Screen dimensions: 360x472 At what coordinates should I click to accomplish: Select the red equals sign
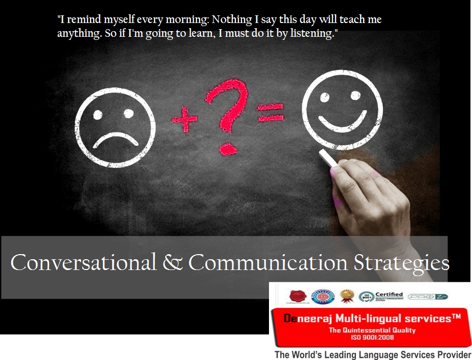point(269,111)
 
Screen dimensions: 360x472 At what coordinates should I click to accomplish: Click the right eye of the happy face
point(356,95)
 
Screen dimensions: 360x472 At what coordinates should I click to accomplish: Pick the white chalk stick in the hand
point(328,158)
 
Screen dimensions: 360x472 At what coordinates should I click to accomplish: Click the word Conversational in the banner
point(83,263)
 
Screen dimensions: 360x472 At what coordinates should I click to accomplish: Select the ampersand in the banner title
point(172,263)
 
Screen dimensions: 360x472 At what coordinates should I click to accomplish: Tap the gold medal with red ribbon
point(347,295)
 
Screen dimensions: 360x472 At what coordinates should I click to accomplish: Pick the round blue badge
point(323,296)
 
